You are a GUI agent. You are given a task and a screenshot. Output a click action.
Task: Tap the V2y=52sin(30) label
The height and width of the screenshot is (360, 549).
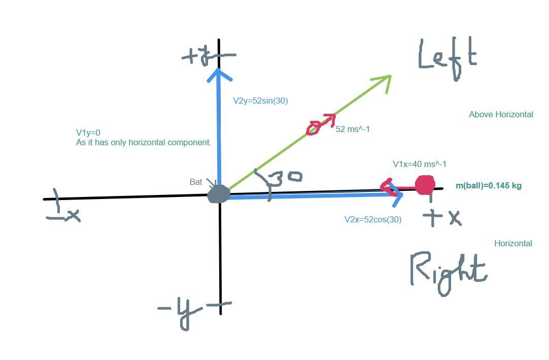click(x=260, y=101)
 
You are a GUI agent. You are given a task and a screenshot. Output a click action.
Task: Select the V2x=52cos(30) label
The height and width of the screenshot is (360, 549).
click(x=373, y=219)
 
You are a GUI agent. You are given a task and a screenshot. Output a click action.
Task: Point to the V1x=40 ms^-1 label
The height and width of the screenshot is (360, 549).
click(x=420, y=164)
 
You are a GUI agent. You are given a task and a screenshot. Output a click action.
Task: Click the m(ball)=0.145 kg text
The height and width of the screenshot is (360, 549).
click(x=488, y=185)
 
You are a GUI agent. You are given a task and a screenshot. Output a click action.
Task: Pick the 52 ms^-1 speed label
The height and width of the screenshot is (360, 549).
click(x=353, y=129)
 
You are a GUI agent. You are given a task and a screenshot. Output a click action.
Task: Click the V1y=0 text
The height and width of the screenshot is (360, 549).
click(x=88, y=133)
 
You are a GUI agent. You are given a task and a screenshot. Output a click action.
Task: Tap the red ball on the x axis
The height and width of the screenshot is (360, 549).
click(x=425, y=185)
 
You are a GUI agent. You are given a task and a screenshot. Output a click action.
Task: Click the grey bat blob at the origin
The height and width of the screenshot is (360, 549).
click(x=219, y=194)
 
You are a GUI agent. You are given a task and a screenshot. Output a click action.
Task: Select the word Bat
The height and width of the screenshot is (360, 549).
click(x=196, y=182)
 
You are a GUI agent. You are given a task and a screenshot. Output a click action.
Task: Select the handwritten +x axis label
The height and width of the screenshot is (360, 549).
click(x=442, y=217)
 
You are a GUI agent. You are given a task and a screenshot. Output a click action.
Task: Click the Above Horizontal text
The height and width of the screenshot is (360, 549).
click(x=501, y=115)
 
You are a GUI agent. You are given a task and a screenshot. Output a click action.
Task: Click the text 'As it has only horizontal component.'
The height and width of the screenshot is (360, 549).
click(x=144, y=143)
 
